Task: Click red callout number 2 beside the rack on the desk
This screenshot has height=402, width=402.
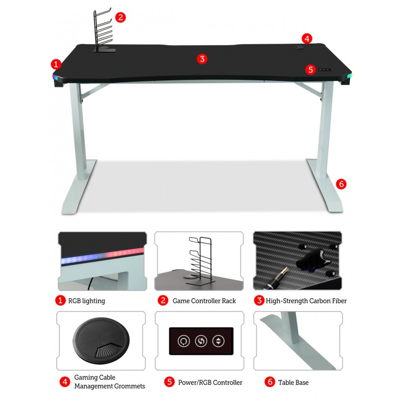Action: pyautogui.click(x=120, y=18)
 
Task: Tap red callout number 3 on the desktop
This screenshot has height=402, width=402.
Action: pyautogui.click(x=202, y=59)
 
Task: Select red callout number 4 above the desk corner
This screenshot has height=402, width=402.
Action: pyautogui.click(x=307, y=39)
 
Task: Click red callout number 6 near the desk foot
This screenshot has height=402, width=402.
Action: pyautogui.click(x=341, y=184)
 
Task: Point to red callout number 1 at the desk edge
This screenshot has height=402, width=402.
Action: pyautogui.click(x=56, y=64)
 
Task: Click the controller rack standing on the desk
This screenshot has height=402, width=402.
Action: pyautogui.click(x=103, y=31)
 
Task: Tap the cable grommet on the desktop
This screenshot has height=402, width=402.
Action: pyautogui.click(x=298, y=47)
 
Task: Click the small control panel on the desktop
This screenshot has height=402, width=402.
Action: pyautogui.click(x=324, y=69)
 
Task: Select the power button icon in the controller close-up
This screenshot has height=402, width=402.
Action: pyautogui.click(x=184, y=341)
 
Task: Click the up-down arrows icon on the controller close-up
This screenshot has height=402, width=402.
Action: pyautogui.click(x=219, y=341)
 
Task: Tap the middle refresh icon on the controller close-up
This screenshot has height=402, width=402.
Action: pyautogui.click(x=201, y=341)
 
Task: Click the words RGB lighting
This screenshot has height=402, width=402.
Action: pyautogui.click(x=86, y=300)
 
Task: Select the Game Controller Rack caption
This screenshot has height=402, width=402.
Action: pyautogui.click(x=204, y=300)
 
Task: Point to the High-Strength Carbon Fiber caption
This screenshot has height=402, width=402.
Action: pyautogui.click(x=306, y=300)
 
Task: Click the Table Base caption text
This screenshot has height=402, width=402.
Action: pyautogui.click(x=293, y=382)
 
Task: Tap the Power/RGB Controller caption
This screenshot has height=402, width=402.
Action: pyautogui.click(x=210, y=382)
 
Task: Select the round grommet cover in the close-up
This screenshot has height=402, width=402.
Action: pyautogui.click(x=101, y=341)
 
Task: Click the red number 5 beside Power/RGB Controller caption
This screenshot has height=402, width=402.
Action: pyautogui.click(x=169, y=382)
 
